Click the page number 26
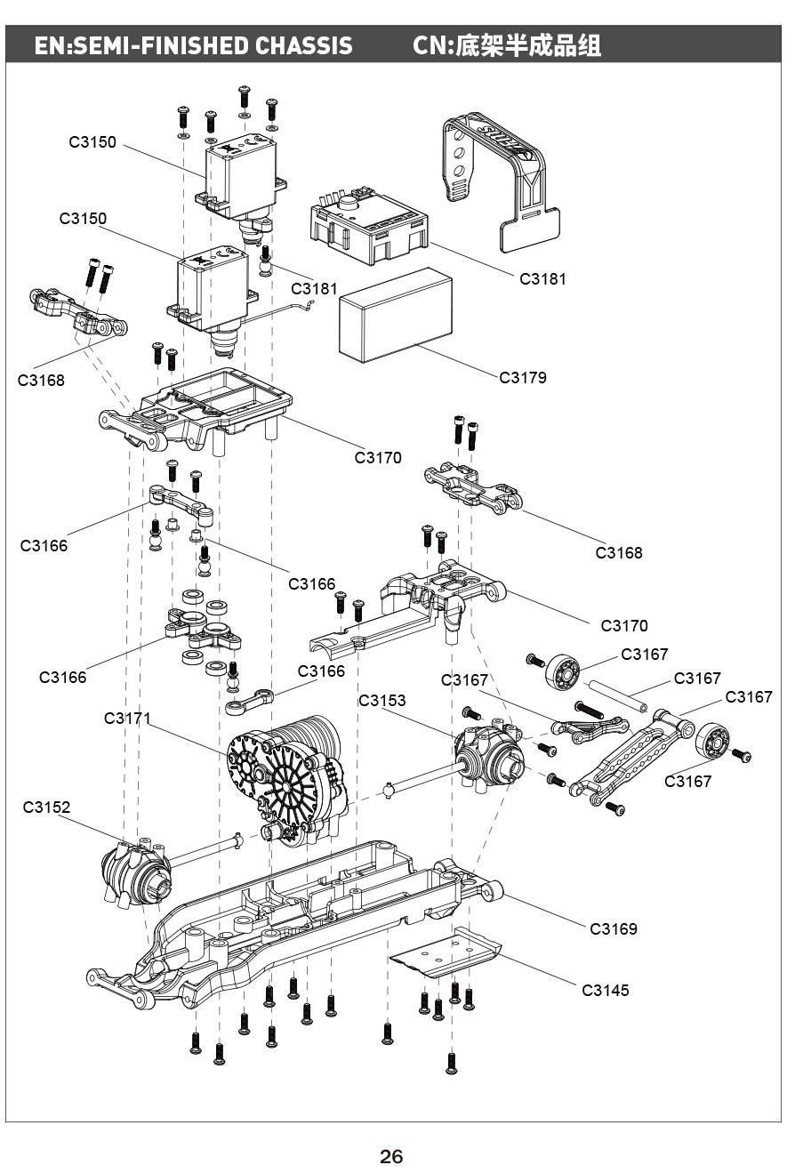point(391,1156)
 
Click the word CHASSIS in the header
point(304,45)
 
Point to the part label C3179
point(523,377)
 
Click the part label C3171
point(128,718)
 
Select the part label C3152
point(46,807)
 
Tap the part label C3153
point(382,700)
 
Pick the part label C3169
point(614,928)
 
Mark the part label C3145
point(606,990)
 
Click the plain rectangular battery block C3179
point(396,315)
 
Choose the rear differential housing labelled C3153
point(489,756)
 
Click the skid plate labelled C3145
point(445,954)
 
